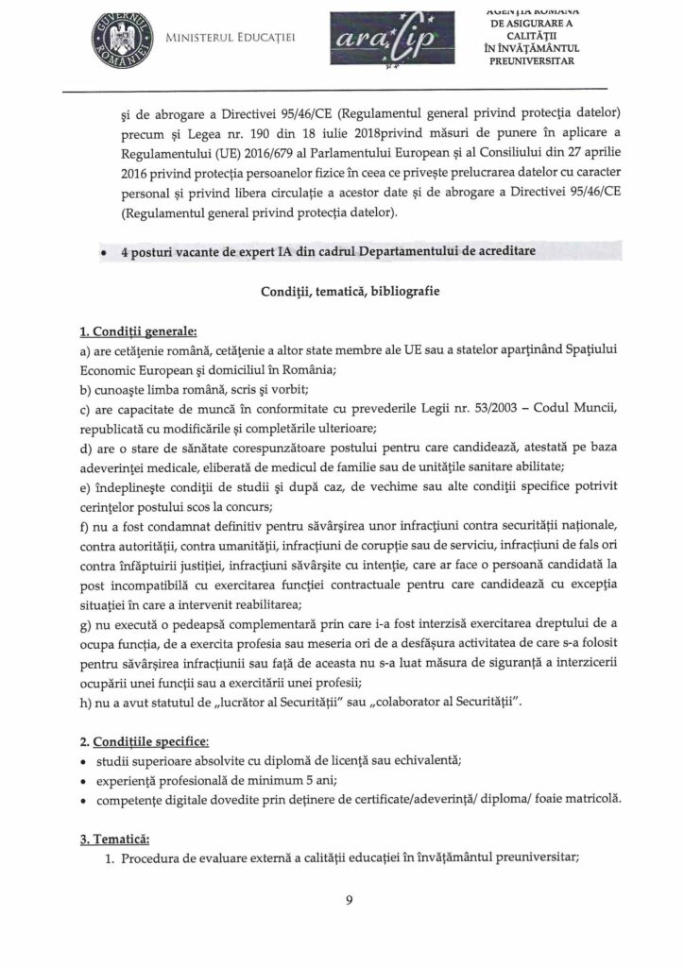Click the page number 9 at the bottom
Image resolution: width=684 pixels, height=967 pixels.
coord(349,899)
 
